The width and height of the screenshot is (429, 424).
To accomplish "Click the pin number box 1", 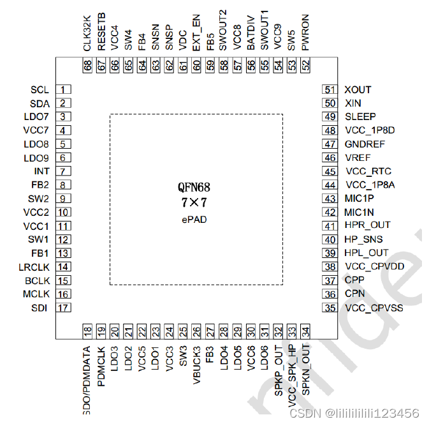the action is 64,90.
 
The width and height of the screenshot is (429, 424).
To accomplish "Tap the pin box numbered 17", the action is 64,308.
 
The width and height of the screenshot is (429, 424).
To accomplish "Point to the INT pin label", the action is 42,171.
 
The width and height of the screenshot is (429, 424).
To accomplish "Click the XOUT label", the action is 358,90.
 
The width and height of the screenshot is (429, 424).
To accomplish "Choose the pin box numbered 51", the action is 330,90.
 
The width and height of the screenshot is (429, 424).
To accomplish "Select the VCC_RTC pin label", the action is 368,171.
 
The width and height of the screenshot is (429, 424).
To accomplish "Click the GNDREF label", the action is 365,144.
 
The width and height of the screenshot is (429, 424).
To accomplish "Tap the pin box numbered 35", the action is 330,308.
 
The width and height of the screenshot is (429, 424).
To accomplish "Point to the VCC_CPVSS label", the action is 374,308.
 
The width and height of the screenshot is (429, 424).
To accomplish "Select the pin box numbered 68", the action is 88,65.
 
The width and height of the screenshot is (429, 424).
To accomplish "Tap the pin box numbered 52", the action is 306,65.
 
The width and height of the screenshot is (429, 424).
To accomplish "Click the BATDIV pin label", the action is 251,35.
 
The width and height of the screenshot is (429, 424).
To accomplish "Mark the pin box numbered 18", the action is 88,331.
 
